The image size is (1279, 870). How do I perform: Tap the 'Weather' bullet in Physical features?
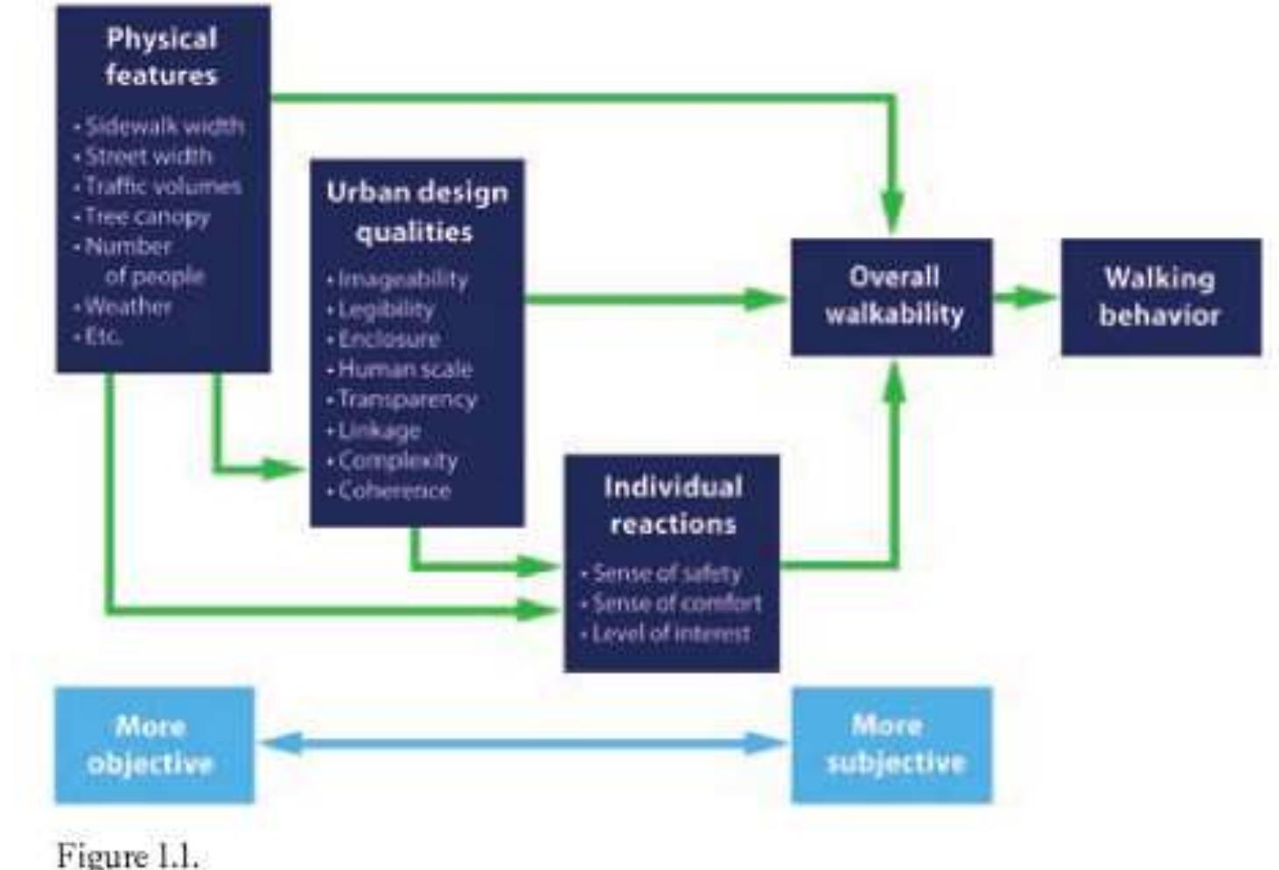click(128, 306)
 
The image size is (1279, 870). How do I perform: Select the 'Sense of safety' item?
click(666, 573)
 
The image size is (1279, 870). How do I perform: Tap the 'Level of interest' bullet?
click(670, 634)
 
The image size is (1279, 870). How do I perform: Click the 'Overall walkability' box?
click(891, 296)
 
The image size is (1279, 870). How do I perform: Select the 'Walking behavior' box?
click(1160, 297)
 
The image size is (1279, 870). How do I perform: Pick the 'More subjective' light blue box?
click(891, 745)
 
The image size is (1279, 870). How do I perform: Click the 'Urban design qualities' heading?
click(416, 212)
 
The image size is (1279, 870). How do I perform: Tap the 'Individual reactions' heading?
click(672, 505)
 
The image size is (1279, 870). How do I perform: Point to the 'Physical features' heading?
click(162, 56)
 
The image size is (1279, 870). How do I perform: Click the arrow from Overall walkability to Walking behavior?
click(1025, 297)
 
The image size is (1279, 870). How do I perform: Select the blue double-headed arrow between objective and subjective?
click(523, 744)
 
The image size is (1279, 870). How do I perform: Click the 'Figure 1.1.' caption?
click(127, 855)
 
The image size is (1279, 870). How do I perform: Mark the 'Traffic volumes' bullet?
click(162, 186)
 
